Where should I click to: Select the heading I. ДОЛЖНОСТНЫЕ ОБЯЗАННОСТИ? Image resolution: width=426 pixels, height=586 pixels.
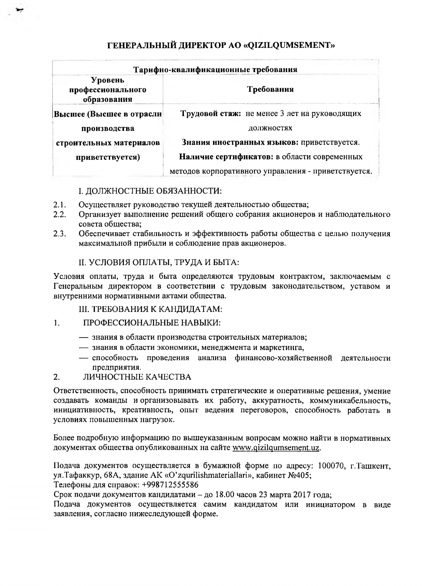(150, 191)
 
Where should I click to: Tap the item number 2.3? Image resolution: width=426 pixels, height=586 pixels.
(60, 234)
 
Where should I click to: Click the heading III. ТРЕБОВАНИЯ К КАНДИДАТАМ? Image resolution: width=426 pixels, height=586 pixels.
(150, 309)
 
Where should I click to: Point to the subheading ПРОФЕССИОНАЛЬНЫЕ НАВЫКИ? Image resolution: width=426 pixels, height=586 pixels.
(152, 323)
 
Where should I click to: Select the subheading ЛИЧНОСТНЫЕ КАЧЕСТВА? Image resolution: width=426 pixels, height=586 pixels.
(137, 377)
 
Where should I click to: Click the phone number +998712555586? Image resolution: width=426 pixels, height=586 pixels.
(170, 484)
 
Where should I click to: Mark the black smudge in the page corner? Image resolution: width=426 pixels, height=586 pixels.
(19, 10)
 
